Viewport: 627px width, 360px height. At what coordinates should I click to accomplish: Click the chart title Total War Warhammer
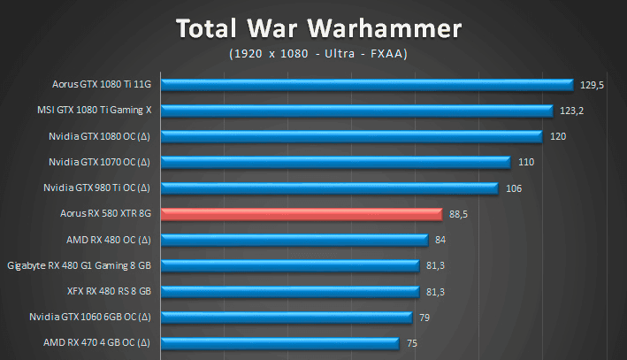tap(318, 28)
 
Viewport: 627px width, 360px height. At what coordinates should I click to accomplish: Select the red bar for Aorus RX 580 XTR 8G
tap(302, 213)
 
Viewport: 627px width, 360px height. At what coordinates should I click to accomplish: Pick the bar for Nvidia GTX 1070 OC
tap(337, 162)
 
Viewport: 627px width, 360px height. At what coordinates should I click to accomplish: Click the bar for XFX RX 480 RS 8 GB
tap(291, 290)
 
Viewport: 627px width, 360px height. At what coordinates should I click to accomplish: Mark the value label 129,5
tap(592, 86)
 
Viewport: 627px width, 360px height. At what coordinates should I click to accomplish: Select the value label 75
tap(412, 342)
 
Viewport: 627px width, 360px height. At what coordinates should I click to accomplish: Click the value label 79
tap(425, 317)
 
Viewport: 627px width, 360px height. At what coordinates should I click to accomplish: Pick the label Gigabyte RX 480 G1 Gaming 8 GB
tap(80, 264)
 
